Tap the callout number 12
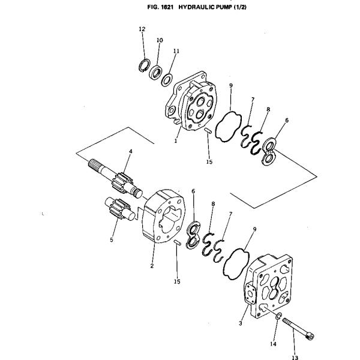click(x=142, y=29)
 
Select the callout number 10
click(x=160, y=40)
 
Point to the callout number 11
click(x=176, y=52)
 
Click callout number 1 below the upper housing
click(x=175, y=141)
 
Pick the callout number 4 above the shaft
click(x=130, y=151)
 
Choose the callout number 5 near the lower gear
click(x=111, y=240)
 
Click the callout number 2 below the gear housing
click(x=152, y=266)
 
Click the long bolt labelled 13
click(x=298, y=329)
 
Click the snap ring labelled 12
click(x=144, y=65)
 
